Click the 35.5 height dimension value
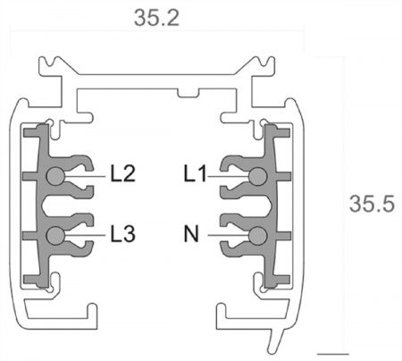point(372,204)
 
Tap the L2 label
point(123,174)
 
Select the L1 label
point(196,174)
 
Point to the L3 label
point(123,235)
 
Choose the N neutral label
point(190,235)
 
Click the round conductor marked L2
point(56,176)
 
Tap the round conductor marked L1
point(258,176)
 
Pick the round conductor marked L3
point(56,236)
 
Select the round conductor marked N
point(258,236)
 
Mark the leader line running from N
point(228,236)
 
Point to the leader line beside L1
point(229,176)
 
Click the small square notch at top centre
point(187,92)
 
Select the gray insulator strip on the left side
point(36,206)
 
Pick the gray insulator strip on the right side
point(278,206)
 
